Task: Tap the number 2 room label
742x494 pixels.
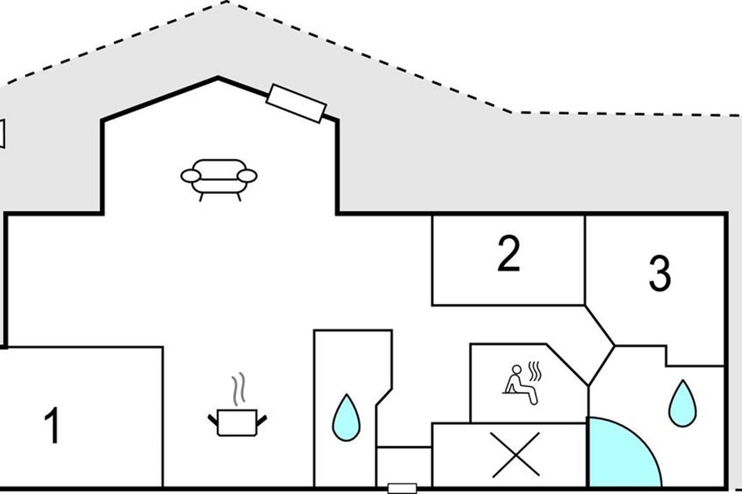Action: click(x=508, y=255)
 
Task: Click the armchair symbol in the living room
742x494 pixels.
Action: click(x=218, y=178)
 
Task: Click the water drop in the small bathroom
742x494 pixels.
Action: click(x=346, y=417)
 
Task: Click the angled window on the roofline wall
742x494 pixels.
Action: click(x=296, y=104)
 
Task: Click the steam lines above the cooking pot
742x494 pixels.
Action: click(x=237, y=387)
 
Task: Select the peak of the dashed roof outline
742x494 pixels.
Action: click(x=228, y=2)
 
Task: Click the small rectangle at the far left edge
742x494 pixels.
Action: click(x=2, y=133)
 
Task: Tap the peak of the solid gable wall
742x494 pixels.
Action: click(x=217, y=78)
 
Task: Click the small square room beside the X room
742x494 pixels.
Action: click(x=404, y=466)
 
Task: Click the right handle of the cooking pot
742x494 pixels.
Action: click(x=262, y=421)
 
